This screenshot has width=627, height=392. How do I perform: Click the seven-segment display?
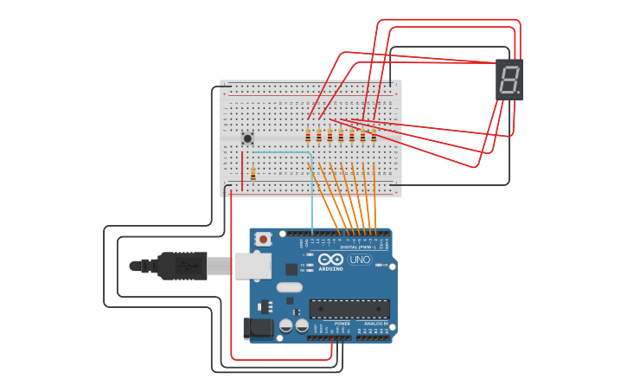click(x=509, y=80)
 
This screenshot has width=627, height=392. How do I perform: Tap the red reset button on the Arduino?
click(x=263, y=239)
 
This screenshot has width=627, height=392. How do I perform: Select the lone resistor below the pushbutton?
click(x=253, y=173)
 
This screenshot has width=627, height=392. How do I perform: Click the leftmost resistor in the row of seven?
click(x=308, y=135)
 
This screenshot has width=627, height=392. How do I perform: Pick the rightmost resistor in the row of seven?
click(x=374, y=135)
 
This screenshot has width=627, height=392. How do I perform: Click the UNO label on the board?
click(x=360, y=260)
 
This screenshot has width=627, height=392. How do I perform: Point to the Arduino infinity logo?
click(x=330, y=259)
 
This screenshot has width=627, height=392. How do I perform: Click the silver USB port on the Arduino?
click(x=252, y=266)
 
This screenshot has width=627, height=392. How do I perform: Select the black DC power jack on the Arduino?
click(x=258, y=328)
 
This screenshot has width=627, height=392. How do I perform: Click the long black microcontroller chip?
click(x=349, y=309)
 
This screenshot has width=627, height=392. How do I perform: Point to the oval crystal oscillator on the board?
click(x=290, y=287)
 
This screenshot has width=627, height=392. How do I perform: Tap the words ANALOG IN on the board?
click(x=374, y=324)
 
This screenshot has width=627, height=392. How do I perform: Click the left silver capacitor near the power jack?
click(x=285, y=325)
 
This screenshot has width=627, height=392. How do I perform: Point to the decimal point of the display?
click(x=518, y=93)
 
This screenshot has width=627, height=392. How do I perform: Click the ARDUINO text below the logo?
click(x=330, y=268)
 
